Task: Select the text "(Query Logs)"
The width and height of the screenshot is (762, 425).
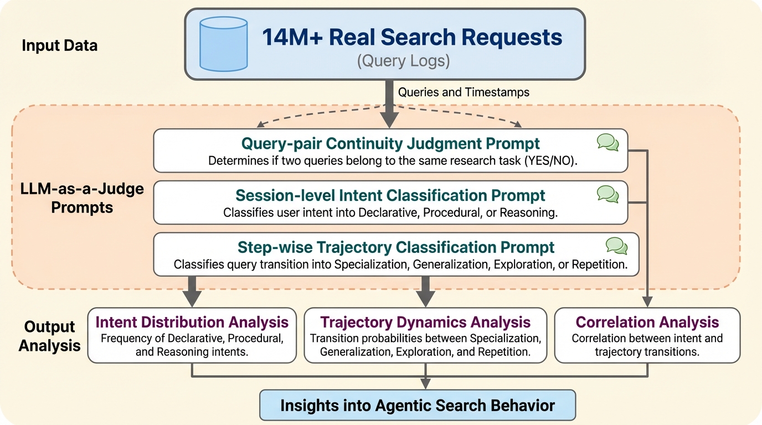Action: pyautogui.click(x=403, y=61)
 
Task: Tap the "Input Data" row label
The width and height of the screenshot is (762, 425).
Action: pyautogui.click(x=60, y=45)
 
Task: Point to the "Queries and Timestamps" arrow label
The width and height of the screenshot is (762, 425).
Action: pyautogui.click(x=464, y=92)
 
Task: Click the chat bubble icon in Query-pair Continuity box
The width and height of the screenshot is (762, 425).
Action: pyautogui.click(x=607, y=142)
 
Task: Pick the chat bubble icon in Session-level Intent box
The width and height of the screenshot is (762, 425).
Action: pyautogui.click(x=607, y=194)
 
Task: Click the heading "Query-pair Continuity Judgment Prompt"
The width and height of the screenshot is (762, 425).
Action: pyautogui.click(x=390, y=143)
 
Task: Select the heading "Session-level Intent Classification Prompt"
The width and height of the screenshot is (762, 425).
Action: pyautogui.click(x=390, y=195)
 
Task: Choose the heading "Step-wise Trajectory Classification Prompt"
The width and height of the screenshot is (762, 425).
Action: pyautogui.click(x=396, y=247)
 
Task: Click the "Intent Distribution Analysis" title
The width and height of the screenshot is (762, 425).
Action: pyautogui.click(x=192, y=322)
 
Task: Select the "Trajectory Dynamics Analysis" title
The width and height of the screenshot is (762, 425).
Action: pyautogui.click(x=425, y=322)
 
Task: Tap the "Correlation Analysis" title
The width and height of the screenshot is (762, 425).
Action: pyautogui.click(x=647, y=322)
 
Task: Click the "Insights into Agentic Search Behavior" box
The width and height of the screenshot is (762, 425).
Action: pyautogui.click(x=418, y=405)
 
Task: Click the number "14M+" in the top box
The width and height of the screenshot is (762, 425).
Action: pyautogui.click(x=291, y=38)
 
